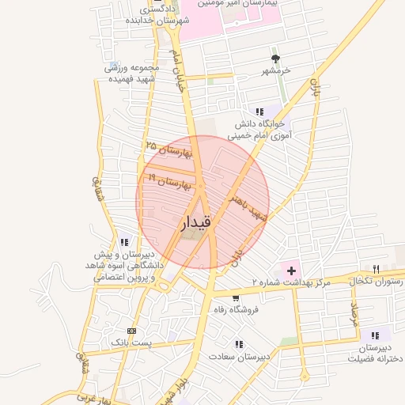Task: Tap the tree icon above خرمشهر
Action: pyautogui.click(x=276, y=59)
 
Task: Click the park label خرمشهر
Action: pyautogui.click(x=276, y=71)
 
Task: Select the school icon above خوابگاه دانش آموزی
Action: pyautogui.click(x=259, y=112)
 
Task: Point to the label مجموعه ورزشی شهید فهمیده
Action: pyautogui.click(x=133, y=74)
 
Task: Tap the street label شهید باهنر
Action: pyautogui.click(x=248, y=207)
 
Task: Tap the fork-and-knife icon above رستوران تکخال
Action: pyautogui.click(x=376, y=269)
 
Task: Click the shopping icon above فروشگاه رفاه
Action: pyautogui.click(x=236, y=298)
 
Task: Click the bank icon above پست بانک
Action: pyautogui.click(x=131, y=331)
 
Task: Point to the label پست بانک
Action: pyautogui.click(x=130, y=343)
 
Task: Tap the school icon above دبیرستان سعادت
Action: pyautogui.click(x=239, y=344)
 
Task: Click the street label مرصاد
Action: pyautogui.click(x=354, y=314)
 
